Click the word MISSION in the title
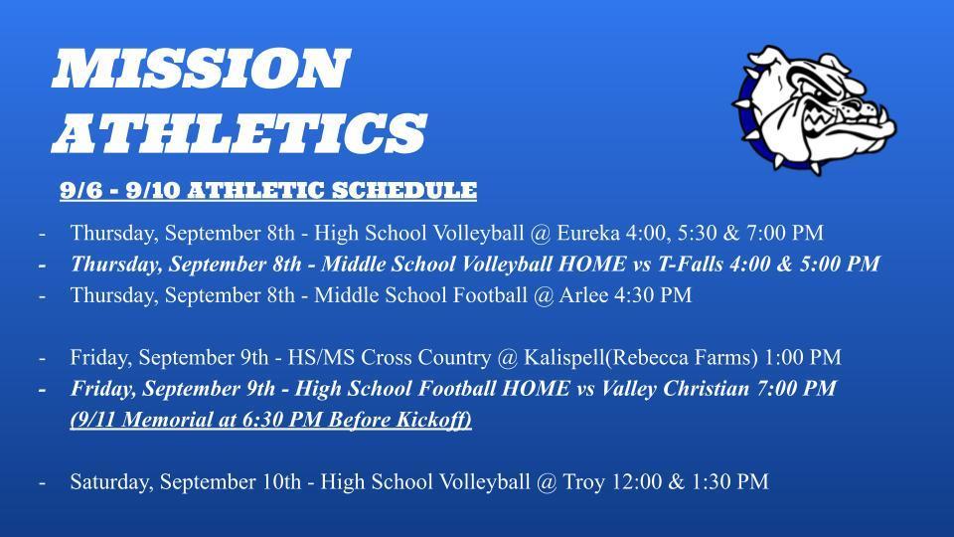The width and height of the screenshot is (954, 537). [x=201, y=69]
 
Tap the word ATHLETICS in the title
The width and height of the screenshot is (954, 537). [x=239, y=132]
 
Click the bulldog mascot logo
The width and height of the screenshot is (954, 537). [x=815, y=109]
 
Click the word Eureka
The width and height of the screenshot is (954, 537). [x=587, y=233]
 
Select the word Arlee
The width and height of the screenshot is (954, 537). [x=583, y=295]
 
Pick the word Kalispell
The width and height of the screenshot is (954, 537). [x=564, y=357]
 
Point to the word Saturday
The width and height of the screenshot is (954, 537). [x=111, y=481]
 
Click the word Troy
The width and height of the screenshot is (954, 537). [x=583, y=482]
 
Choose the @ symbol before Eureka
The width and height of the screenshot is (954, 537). [x=540, y=233]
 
